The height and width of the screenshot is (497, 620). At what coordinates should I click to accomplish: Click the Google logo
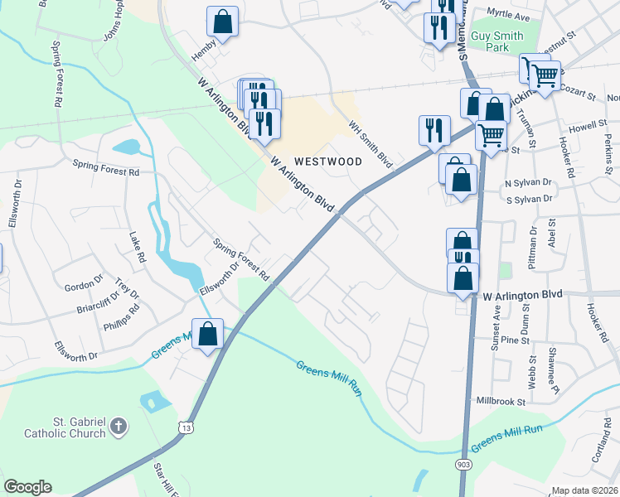(27, 487)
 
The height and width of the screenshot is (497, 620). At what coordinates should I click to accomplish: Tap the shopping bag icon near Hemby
(223, 22)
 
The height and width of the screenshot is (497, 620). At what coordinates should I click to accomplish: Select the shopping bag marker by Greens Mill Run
(208, 335)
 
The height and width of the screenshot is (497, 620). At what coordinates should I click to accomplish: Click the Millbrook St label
(500, 401)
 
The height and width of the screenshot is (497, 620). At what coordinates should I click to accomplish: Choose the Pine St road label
(515, 340)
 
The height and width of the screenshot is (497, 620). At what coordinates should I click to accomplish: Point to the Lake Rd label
(137, 248)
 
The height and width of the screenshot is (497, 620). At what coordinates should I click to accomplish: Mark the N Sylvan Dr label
(528, 182)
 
